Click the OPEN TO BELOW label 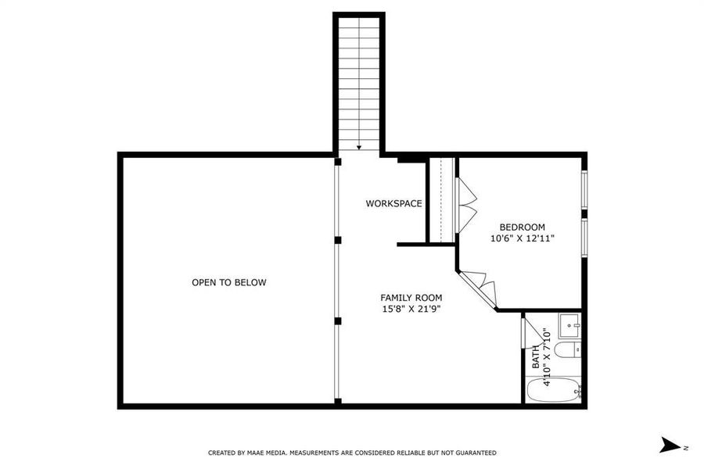[228, 282]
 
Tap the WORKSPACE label [393, 203]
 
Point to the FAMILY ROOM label [411, 297]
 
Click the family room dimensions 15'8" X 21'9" [411, 309]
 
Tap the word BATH [536, 357]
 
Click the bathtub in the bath [552, 388]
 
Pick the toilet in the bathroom [571, 349]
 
